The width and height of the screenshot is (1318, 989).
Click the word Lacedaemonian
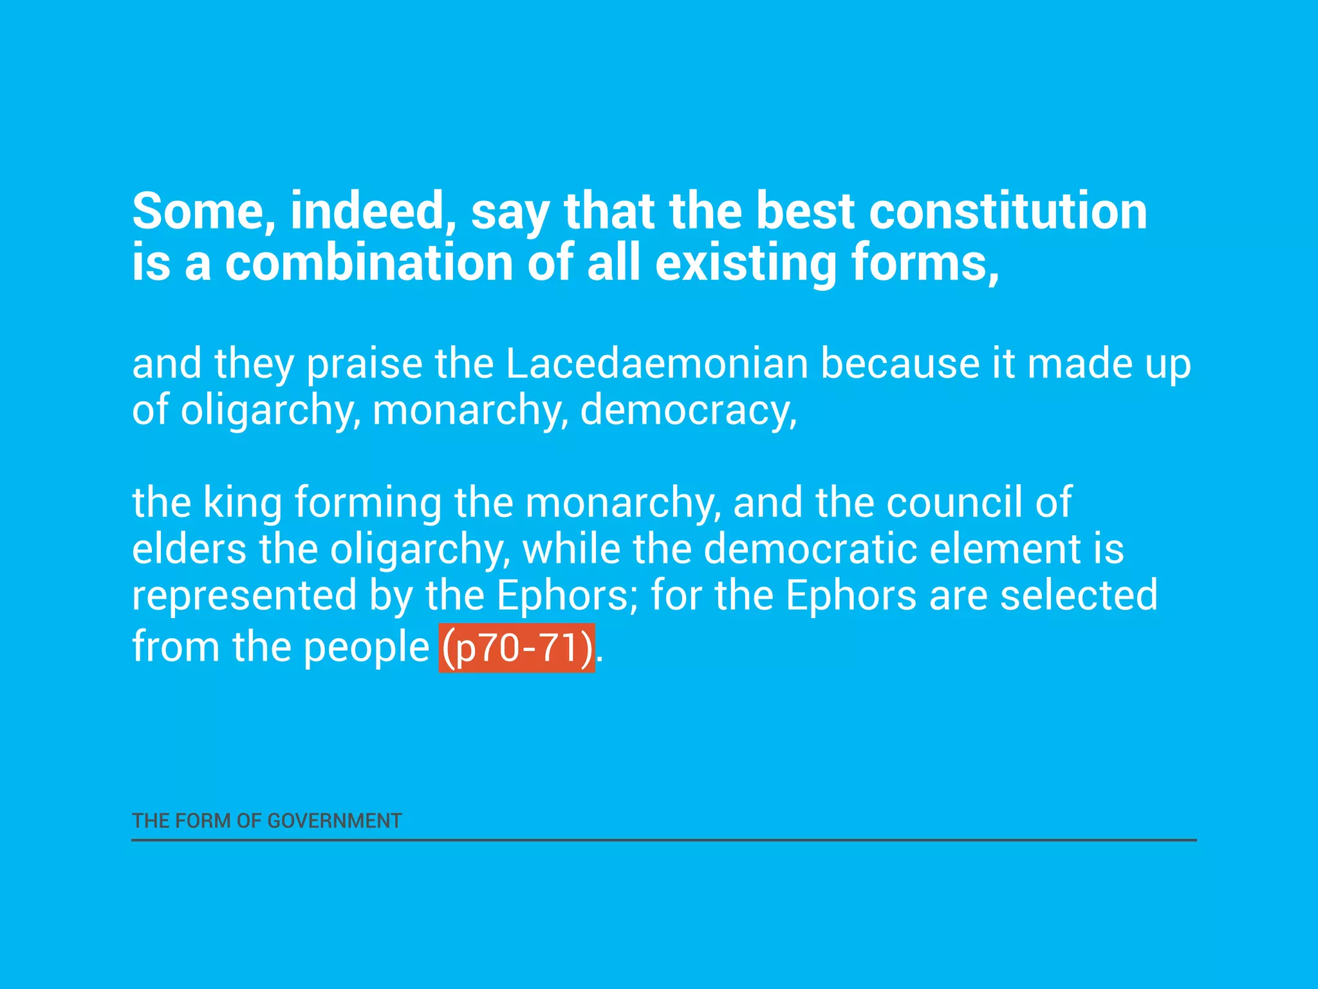656,364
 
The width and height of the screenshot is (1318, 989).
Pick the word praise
364,364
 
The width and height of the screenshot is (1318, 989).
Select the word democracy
687,410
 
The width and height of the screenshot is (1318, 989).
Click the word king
243,502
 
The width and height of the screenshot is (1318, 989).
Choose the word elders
189,549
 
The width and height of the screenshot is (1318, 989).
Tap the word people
366,647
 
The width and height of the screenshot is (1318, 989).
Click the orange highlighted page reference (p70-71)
517,647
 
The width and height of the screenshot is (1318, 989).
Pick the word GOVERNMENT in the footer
334,821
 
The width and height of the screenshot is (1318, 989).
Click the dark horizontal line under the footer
664,840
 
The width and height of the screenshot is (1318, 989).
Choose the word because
900,364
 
